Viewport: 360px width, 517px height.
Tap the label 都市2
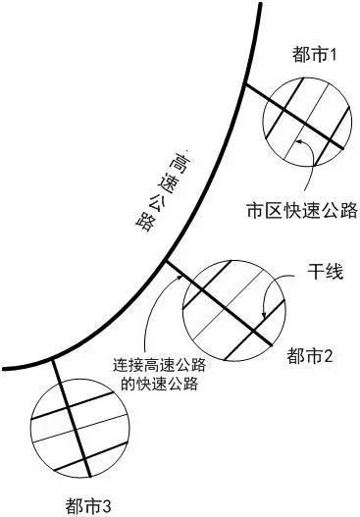pos(311,355)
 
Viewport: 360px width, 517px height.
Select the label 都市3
pos(90,505)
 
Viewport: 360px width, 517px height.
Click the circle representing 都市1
pos(306,118)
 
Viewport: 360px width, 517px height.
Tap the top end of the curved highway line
pos(260,4)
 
